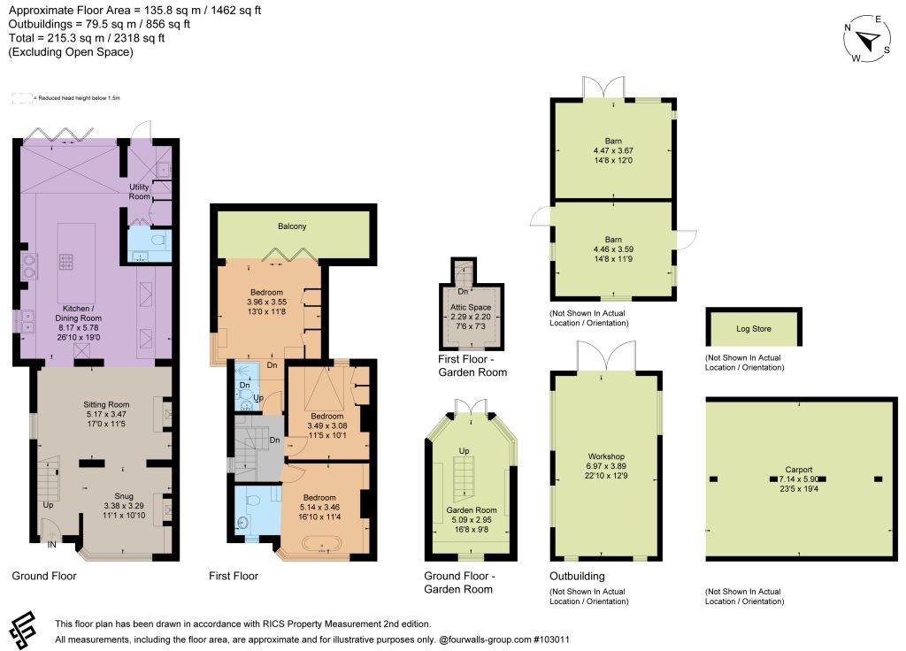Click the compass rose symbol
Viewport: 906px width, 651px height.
867,39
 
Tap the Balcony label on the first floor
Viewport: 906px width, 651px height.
292,226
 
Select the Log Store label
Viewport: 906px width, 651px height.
754,329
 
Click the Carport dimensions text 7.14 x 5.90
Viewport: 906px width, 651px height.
799,479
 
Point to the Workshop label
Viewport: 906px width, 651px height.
606,456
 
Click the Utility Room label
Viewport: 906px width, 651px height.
139,191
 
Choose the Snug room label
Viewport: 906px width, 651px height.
124,496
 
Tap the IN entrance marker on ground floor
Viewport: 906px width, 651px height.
52,544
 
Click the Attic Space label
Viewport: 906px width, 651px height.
471,307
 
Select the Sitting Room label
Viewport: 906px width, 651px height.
106,404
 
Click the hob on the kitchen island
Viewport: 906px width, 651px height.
65,262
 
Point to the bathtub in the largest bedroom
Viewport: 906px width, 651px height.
322,545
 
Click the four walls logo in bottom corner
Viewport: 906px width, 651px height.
23,630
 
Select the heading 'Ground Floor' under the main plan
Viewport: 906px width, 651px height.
44,576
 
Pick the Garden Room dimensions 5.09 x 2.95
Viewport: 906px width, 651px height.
472,520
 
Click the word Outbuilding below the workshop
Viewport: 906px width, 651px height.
577,576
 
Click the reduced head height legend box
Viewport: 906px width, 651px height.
22,98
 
